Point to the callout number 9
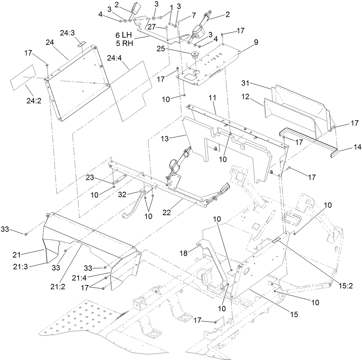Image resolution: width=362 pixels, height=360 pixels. pyautogui.click(x=256, y=43)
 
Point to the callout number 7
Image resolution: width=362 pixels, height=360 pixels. pyautogui.click(x=193, y=16)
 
